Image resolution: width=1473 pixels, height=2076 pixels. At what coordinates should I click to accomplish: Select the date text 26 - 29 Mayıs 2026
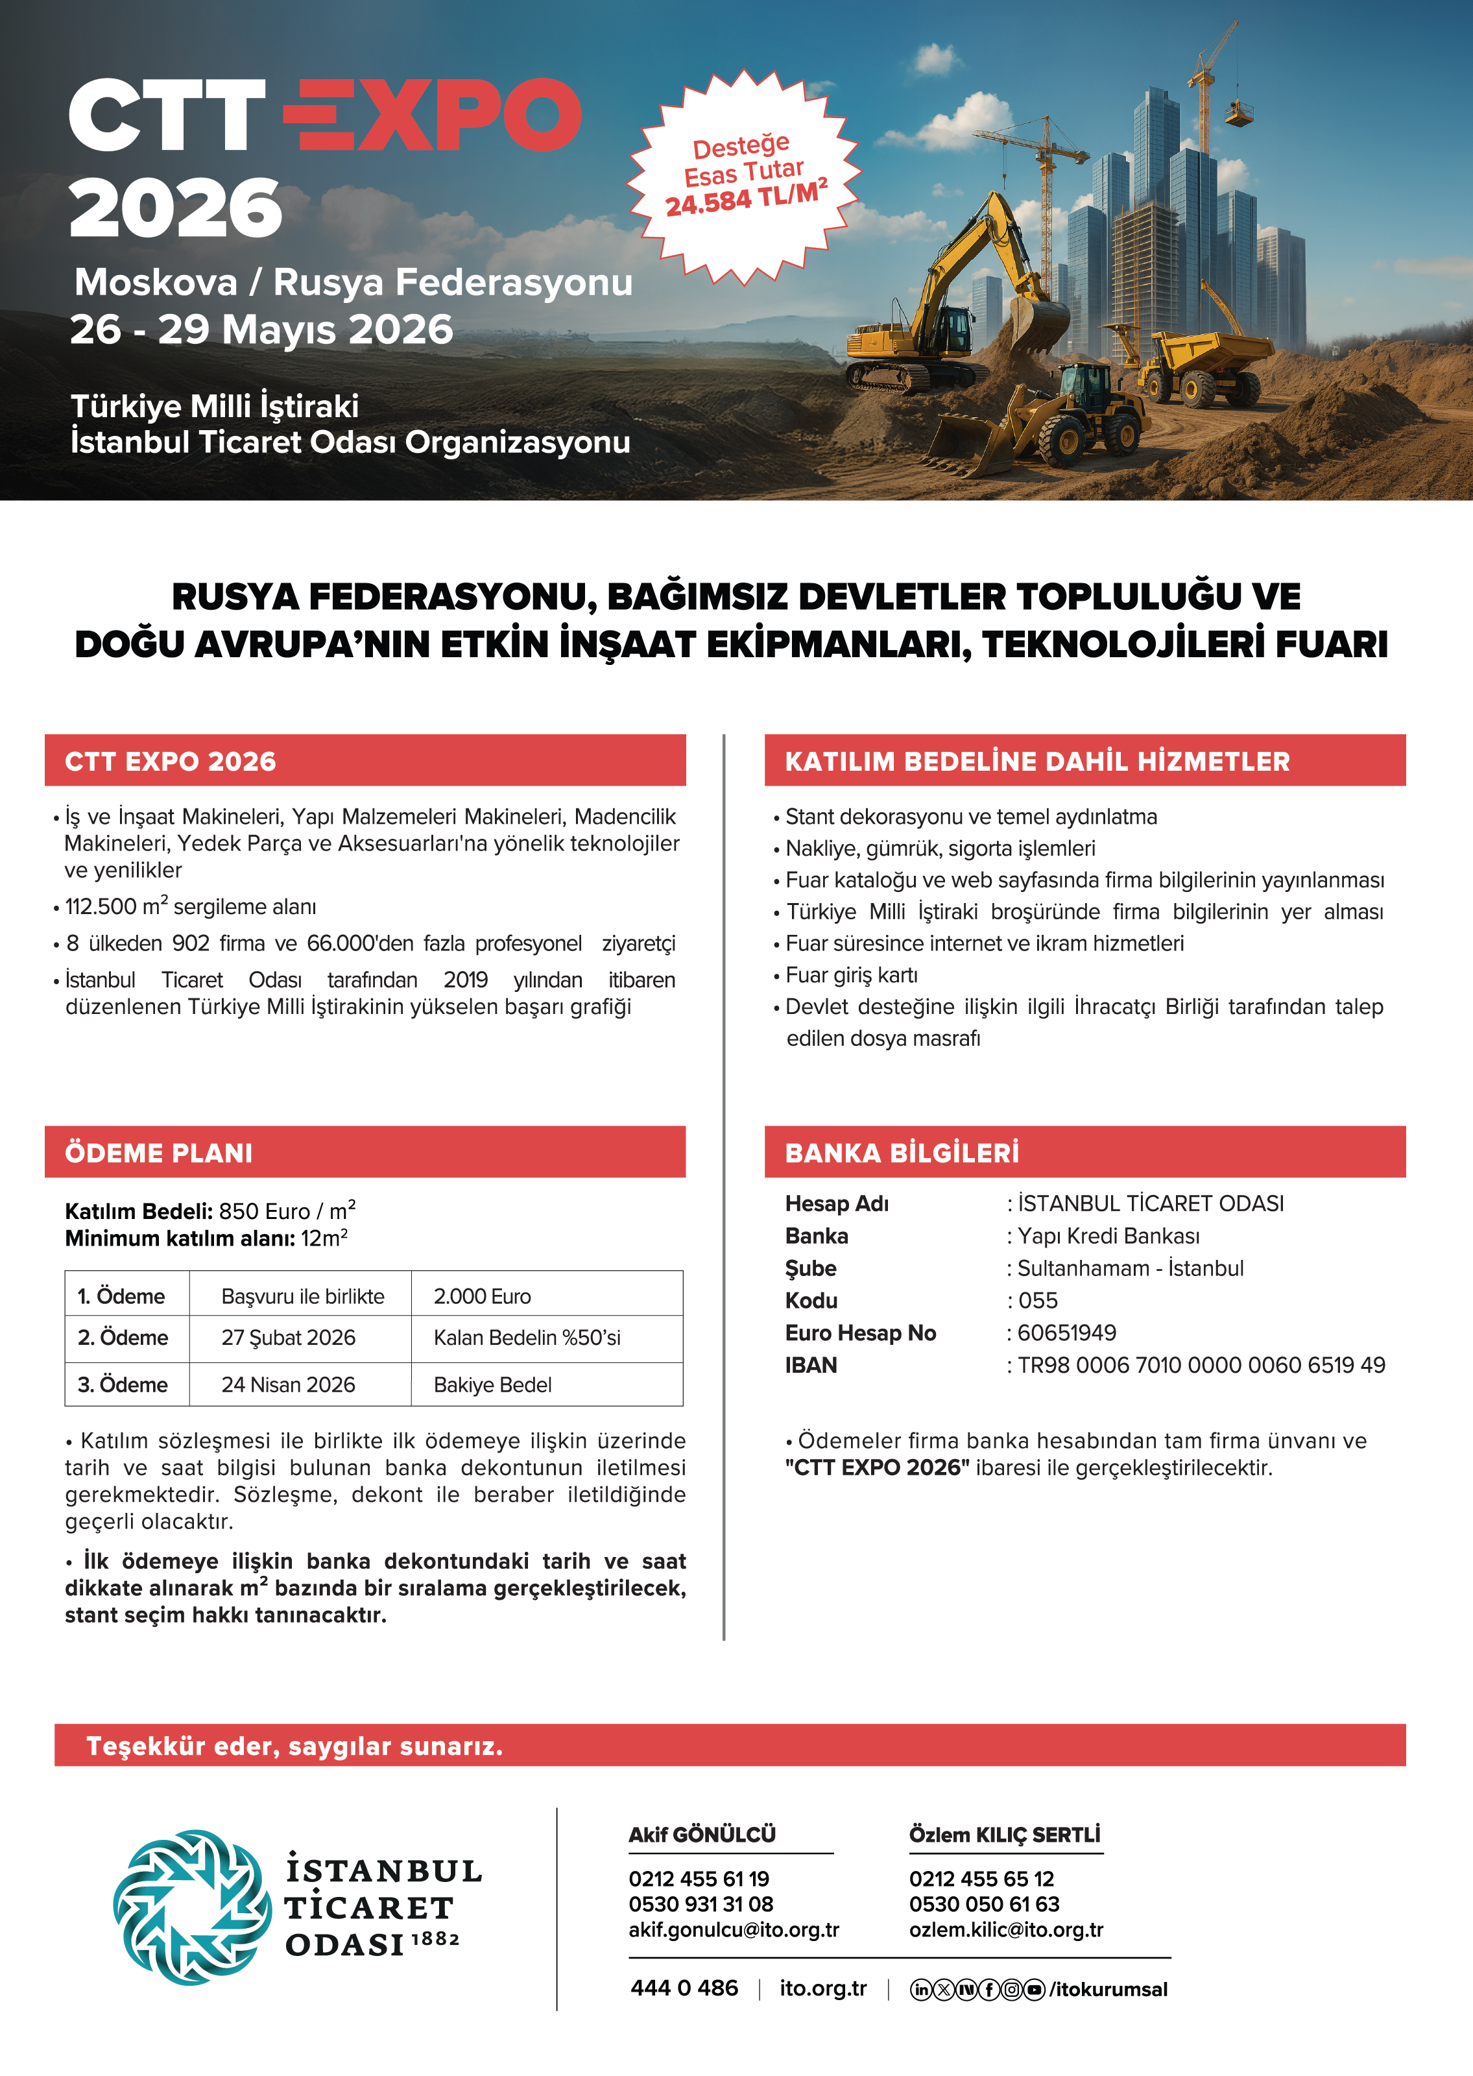coord(261,329)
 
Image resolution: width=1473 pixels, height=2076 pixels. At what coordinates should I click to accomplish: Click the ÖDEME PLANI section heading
coord(159,1153)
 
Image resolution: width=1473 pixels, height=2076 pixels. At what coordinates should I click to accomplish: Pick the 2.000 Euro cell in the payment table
coord(483,1296)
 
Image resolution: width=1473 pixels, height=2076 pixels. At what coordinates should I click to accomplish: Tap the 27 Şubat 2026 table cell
coord(289,1338)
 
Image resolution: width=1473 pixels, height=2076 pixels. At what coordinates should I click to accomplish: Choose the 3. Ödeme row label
coord(123,1385)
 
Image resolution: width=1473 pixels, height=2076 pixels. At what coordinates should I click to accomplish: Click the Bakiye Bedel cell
coord(492,1385)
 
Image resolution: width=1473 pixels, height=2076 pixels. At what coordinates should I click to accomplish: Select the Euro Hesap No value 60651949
coord(1067,1333)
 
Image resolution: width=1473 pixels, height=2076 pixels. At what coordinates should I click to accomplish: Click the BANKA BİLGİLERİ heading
coord(902,1153)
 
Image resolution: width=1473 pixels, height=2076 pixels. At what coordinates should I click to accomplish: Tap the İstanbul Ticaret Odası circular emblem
coord(191,1907)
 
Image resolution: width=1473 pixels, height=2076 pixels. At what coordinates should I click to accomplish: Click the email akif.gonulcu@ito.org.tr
coord(734,1930)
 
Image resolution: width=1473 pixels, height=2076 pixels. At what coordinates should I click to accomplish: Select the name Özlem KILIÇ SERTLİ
coord(1004,1835)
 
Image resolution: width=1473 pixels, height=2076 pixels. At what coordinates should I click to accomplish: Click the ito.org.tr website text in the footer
coord(822,1988)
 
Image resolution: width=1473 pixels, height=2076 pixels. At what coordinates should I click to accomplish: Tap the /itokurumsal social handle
coord(1108,1989)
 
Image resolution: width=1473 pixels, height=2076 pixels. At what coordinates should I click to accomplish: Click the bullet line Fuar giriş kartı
coord(851,975)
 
